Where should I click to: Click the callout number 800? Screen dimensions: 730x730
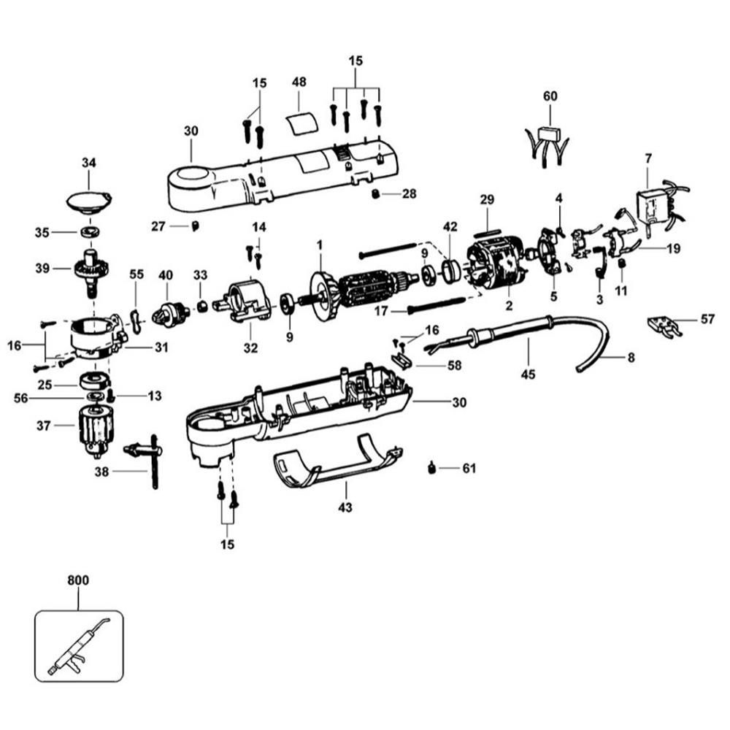click(x=77, y=581)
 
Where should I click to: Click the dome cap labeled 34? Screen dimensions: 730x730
click(x=88, y=200)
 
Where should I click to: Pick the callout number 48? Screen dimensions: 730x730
click(x=299, y=82)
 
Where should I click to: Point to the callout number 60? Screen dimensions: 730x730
click(x=550, y=96)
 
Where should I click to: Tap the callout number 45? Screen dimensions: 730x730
click(x=528, y=374)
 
